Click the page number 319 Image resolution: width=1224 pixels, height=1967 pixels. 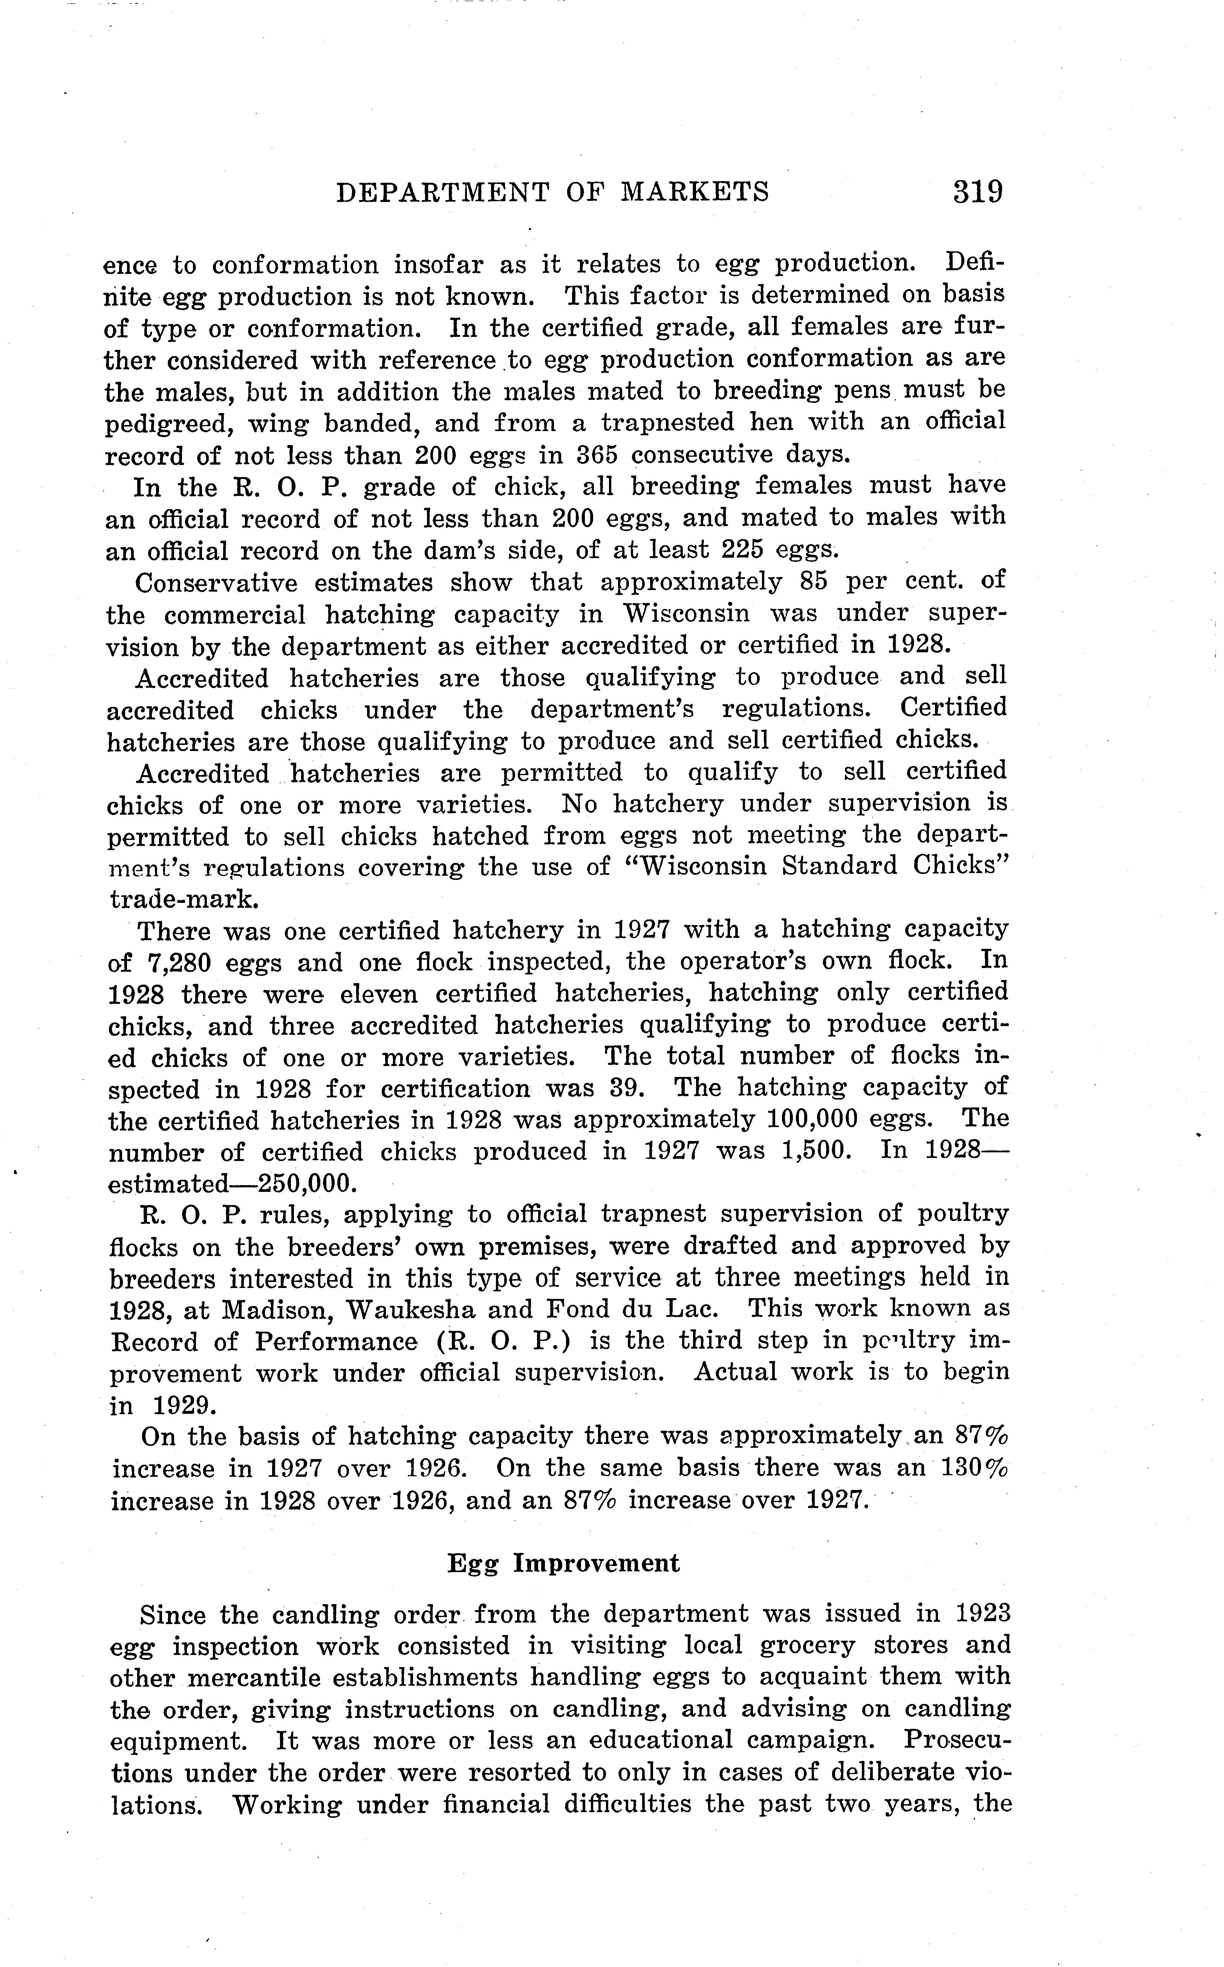(978, 192)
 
